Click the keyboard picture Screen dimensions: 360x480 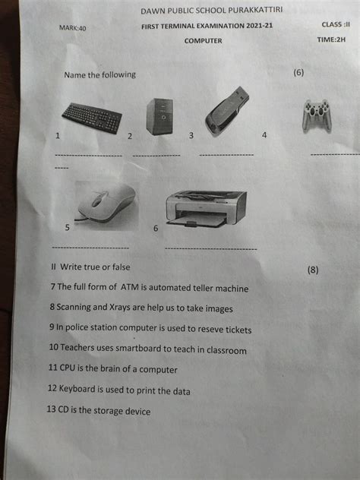(x=92, y=118)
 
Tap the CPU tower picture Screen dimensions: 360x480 (x=159, y=117)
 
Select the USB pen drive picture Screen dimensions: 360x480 (x=227, y=111)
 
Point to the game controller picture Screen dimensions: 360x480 (x=317, y=116)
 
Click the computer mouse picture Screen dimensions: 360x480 (x=106, y=205)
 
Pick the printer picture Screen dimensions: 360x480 (x=206, y=210)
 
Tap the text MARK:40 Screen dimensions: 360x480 (x=73, y=28)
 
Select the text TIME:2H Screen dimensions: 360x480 (x=331, y=39)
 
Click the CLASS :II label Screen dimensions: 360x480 (x=336, y=24)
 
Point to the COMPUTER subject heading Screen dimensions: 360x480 (x=204, y=41)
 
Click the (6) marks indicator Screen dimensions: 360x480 (x=298, y=73)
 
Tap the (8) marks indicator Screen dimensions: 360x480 (x=313, y=270)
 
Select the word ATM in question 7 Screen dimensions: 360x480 (x=130, y=287)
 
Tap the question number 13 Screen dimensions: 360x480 (x=51, y=409)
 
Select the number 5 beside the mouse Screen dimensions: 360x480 (x=68, y=227)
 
